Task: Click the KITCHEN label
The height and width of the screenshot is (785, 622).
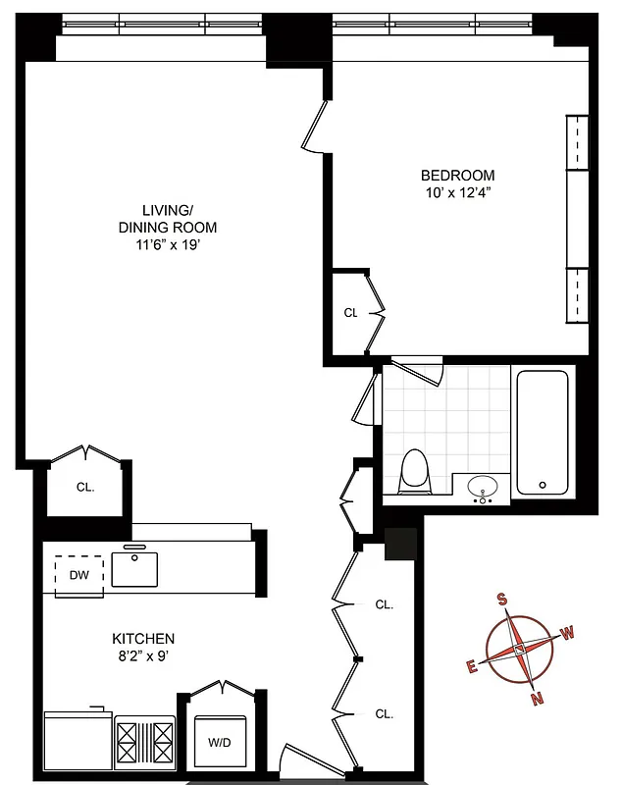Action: [143, 638]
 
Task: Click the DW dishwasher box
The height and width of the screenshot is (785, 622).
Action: [79, 575]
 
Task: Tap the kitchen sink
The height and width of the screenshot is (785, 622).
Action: [134, 569]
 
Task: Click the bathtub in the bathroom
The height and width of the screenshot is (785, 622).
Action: [542, 431]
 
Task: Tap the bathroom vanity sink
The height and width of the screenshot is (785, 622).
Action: [482, 487]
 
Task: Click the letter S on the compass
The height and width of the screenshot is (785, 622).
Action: [502, 601]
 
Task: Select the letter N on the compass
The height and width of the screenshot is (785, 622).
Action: [536, 699]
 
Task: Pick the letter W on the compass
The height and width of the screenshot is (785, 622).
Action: [568, 633]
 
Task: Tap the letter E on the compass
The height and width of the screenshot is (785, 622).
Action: [472, 666]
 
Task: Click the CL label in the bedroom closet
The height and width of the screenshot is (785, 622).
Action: [350, 313]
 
